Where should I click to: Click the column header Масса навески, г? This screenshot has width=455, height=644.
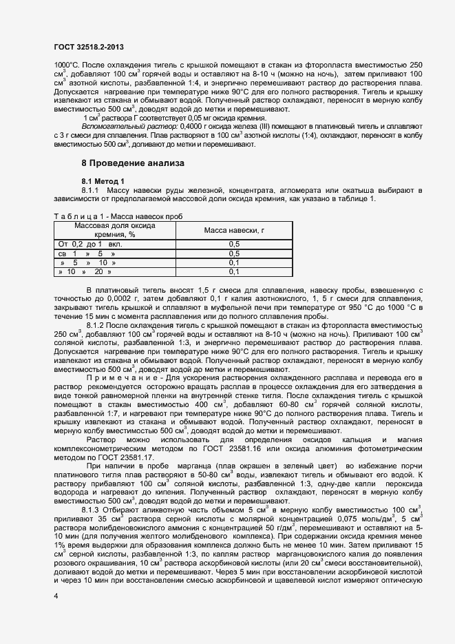click(x=233, y=229)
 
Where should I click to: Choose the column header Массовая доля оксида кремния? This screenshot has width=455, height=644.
click(x=114, y=229)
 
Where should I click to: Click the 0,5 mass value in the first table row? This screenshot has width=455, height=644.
click(x=233, y=244)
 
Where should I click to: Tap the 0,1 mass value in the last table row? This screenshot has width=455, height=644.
click(x=233, y=271)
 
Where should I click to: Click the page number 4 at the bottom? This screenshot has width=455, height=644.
click(x=56, y=596)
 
